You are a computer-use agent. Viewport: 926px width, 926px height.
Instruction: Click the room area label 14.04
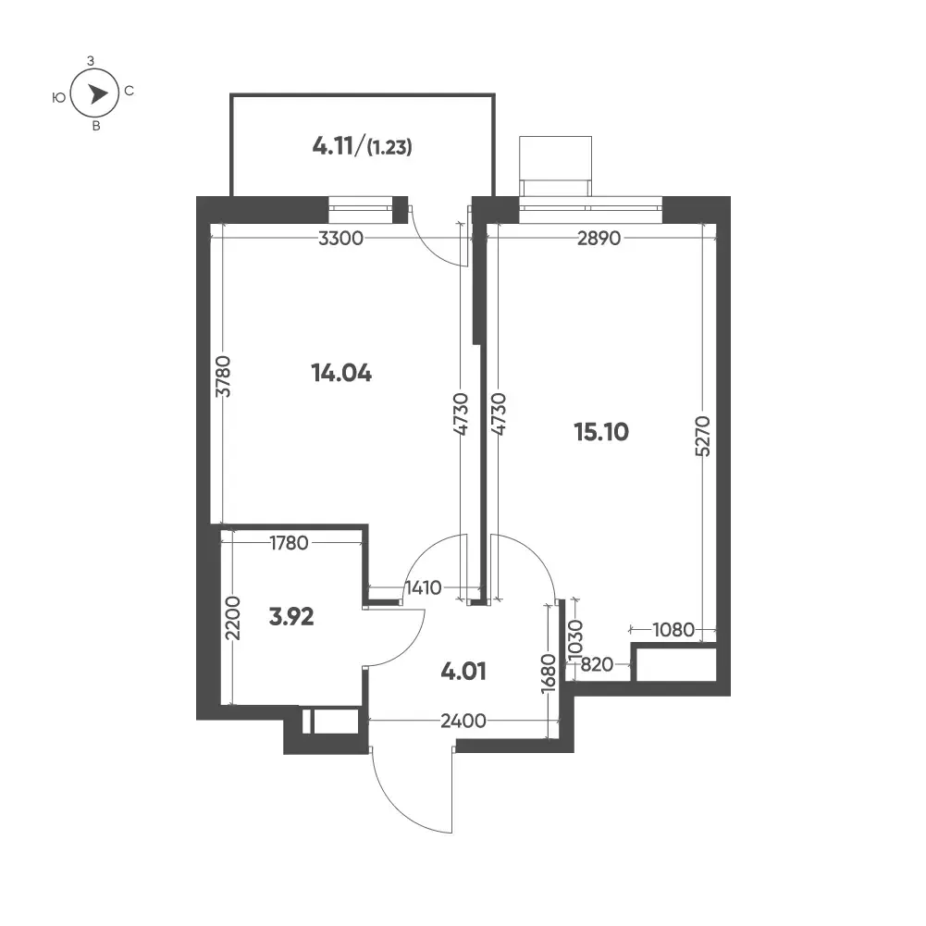coord(341,373)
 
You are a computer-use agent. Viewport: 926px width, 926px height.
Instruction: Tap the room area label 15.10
coord(601,432)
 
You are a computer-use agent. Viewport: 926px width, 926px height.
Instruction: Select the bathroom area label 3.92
coord(291,617)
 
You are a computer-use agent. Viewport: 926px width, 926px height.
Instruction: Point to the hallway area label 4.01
coord(463,672)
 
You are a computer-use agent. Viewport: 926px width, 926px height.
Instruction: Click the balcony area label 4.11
coord(333,146)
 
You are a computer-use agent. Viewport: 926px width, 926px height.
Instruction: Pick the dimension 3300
coord(340,239)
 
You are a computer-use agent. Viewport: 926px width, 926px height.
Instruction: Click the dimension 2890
coord(599,239)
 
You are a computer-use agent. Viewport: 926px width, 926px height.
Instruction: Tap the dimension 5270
coord(703,437)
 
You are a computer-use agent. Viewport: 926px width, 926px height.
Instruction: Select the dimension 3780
coord(223,377)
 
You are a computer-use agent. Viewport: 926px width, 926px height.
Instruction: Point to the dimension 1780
coord(289,543)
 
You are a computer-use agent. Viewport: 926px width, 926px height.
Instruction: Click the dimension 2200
coord(233,618)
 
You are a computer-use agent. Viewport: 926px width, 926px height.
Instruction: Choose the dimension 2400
coord(463,721)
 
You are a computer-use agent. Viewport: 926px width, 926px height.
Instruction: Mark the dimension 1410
coord(424,588)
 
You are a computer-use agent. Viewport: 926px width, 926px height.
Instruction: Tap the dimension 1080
coord(673,630)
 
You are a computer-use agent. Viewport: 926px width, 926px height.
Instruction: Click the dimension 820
coord(597,665)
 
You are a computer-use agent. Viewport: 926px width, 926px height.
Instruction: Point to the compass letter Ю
coord(59,97)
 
